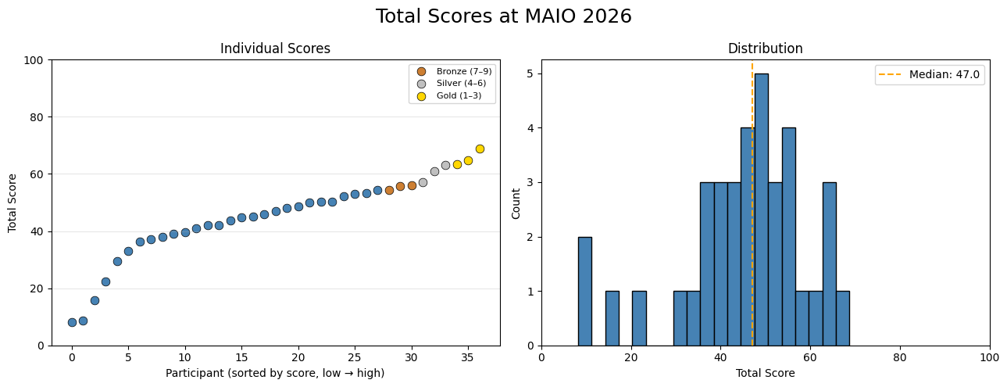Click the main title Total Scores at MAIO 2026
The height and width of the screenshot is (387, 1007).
click(503, 16)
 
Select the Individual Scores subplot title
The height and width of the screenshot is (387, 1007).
click(275, 48)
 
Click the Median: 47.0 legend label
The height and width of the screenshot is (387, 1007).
click(944, 75)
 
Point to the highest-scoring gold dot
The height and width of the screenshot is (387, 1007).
click(480, 149)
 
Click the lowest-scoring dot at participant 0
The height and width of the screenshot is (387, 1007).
click(72, 322)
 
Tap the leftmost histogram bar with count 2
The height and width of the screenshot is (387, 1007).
click(584, 291)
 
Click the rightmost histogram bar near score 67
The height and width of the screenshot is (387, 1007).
click(842, 318)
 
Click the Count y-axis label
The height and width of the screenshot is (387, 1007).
click(516, 202)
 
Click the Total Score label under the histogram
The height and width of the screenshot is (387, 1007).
click(765, 374)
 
